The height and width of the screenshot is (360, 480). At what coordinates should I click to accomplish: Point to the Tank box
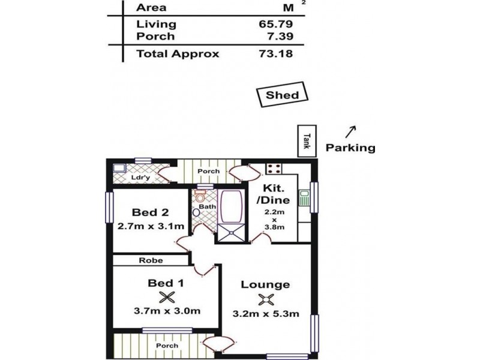pos(306,141)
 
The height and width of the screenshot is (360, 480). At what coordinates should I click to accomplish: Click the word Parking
pos(350,148)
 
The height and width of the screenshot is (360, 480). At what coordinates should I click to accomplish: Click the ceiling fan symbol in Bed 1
pos(167,296)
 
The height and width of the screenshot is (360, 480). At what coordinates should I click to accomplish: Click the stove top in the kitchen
pos(274,169)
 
